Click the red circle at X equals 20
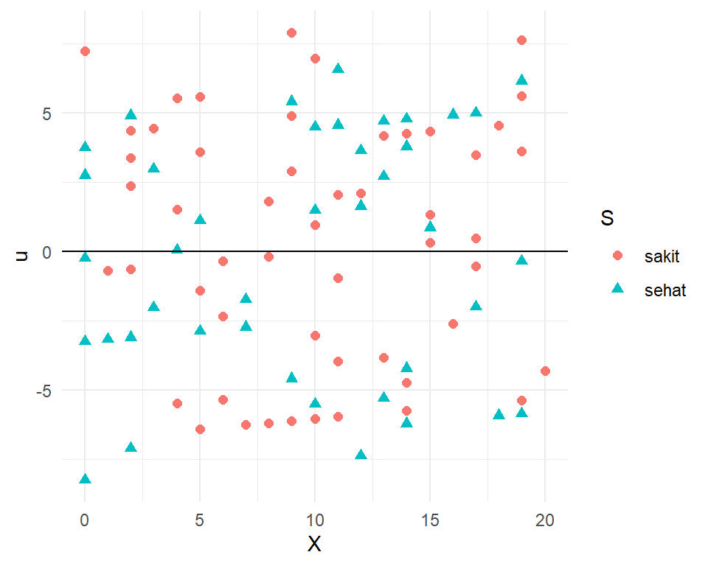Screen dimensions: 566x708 point(545,371)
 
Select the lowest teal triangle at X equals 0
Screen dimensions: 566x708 point(85,479)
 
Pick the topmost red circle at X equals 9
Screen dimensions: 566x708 point(291,32)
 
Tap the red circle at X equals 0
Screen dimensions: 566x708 point(85,51)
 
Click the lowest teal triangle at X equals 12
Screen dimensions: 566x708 point(361,455)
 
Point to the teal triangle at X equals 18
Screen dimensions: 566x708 point(499,414)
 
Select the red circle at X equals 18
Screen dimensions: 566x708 point(499,125)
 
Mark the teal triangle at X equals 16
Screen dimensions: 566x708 point(453,113)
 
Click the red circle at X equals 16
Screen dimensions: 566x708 point(453,324)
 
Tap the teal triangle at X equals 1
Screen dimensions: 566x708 point(108,338)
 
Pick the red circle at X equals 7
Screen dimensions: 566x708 point(246,424)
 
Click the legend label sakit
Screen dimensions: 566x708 point(661,256)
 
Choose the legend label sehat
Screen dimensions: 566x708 point(664,290)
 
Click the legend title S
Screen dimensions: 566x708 point(608,218)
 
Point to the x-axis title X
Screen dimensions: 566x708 point(314,544)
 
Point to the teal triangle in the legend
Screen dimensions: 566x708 point(618,290)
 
